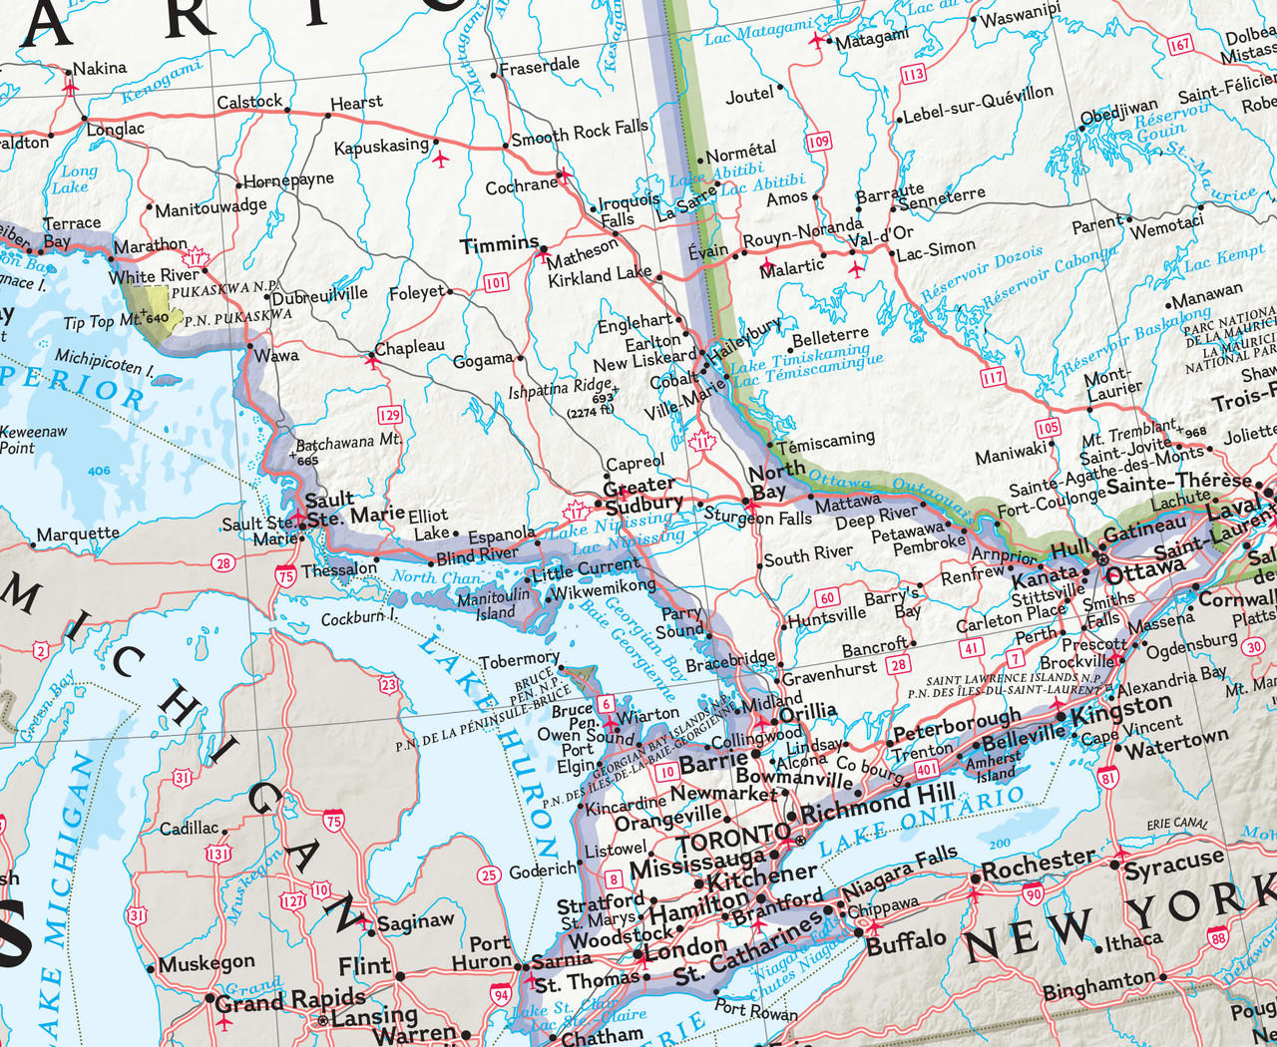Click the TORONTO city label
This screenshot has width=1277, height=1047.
tap(733, 839)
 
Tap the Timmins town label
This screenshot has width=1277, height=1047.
tap(499, 244)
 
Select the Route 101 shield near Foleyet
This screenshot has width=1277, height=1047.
tap(496, 283)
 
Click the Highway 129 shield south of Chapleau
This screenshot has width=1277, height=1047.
tap(389, 415)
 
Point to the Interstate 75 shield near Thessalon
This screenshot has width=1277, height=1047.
tap(286, 574)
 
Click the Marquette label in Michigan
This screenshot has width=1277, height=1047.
tap(78, 534)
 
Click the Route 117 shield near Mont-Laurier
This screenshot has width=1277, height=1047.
tap(993, 377)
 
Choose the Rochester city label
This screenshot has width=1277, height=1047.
tap(1038, 865)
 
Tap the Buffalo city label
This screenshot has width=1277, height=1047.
tap(906, 941)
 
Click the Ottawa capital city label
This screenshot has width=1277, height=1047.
tap(1144, 571)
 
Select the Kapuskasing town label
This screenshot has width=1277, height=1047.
tap(381, 147)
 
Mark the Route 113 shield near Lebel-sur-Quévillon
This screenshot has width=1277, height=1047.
tap(913, 75)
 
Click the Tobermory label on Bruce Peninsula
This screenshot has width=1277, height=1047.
tap(519, 660)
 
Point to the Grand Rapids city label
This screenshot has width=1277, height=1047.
tap(290, 999)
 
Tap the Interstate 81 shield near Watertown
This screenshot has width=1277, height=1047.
tap(1107, 778)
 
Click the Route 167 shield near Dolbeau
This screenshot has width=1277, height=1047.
tap(1180, 45)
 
